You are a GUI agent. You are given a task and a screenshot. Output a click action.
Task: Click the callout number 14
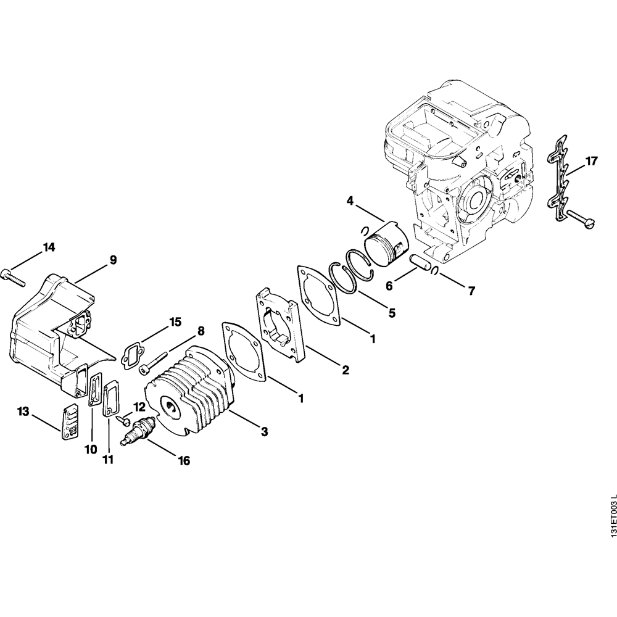coord(49,247)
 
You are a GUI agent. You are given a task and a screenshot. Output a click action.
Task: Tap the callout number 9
coord(113,260)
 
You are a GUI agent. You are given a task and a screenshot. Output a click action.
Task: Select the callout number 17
coord(591,162)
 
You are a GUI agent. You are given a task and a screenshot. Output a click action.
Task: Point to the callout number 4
coord(349,201)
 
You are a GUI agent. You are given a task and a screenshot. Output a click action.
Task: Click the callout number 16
coord(183,460)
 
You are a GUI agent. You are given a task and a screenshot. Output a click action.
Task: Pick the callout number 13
coord(23,411)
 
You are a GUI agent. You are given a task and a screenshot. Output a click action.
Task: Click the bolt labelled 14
coord(13,278)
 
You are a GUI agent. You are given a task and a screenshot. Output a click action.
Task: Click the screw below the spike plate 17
coord(583,220)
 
